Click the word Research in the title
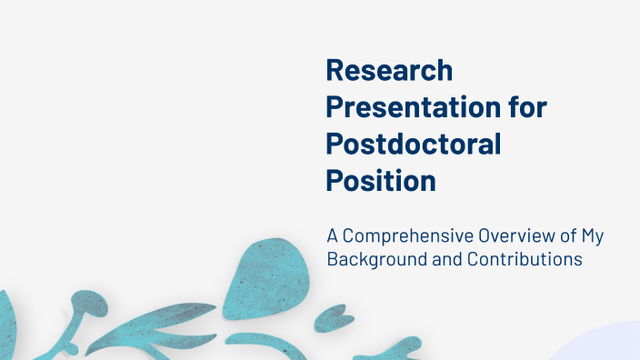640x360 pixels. coord(389,70)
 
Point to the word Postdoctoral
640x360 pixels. coord(414,144)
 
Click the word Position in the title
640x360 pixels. coord(381,180)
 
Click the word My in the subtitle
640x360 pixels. coord(593,236)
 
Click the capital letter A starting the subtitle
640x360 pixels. coord(333,236)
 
